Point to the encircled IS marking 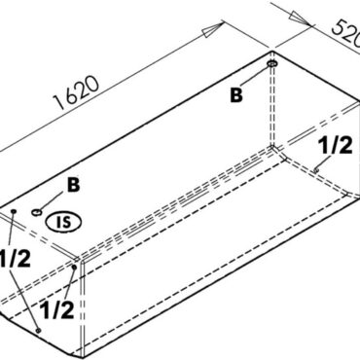point(61,220)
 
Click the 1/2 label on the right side point(335,144)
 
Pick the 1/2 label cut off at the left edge point(14,259)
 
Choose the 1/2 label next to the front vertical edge point(58,309)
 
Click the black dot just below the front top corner point(75,267)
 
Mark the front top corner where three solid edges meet point(76,259)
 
